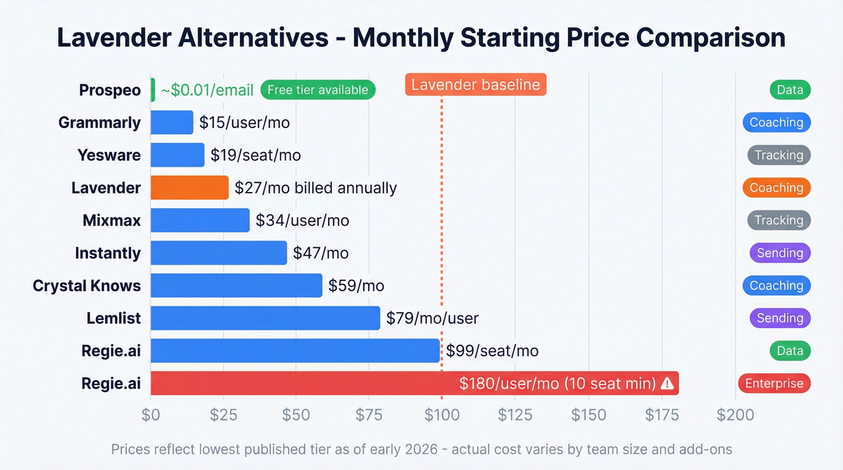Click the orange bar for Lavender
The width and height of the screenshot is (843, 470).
190,188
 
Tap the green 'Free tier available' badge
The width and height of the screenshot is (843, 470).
318,90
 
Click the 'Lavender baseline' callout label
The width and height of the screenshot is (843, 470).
476,85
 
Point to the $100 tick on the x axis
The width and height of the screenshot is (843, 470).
442,415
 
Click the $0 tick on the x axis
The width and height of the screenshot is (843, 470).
151,415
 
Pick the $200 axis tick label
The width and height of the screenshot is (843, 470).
735,415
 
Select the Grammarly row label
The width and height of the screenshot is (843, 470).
99,123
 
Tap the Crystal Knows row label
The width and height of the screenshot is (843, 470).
87,286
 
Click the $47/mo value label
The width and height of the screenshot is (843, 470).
320,253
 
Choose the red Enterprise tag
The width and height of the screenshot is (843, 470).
774,383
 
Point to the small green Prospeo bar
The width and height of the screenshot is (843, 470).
153,90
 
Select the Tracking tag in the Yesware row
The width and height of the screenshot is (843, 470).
779,155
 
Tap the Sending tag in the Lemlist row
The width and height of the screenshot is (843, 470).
780,318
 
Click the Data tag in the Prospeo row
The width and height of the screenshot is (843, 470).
790,90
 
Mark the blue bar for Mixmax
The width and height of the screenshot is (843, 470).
200,220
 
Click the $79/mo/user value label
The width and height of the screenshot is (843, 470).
432,318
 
